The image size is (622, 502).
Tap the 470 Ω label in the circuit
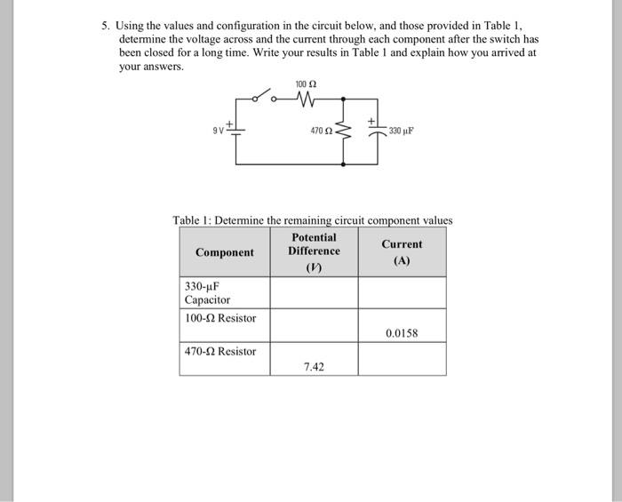[322, 131]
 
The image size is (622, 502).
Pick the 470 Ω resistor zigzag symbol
[345, 131]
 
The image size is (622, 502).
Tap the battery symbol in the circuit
[236, 131]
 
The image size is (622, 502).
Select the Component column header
[224, 252]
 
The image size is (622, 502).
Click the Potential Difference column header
[313, 251]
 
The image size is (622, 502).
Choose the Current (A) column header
[403, 252]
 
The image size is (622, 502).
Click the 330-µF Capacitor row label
[207, 293]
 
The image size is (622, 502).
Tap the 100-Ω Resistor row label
[219, 318]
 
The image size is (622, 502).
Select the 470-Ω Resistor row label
[219, 351]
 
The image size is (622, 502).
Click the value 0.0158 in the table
[403, 334]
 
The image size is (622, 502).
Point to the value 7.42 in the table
[313, 366]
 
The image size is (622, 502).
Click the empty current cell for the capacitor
[403, 293]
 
